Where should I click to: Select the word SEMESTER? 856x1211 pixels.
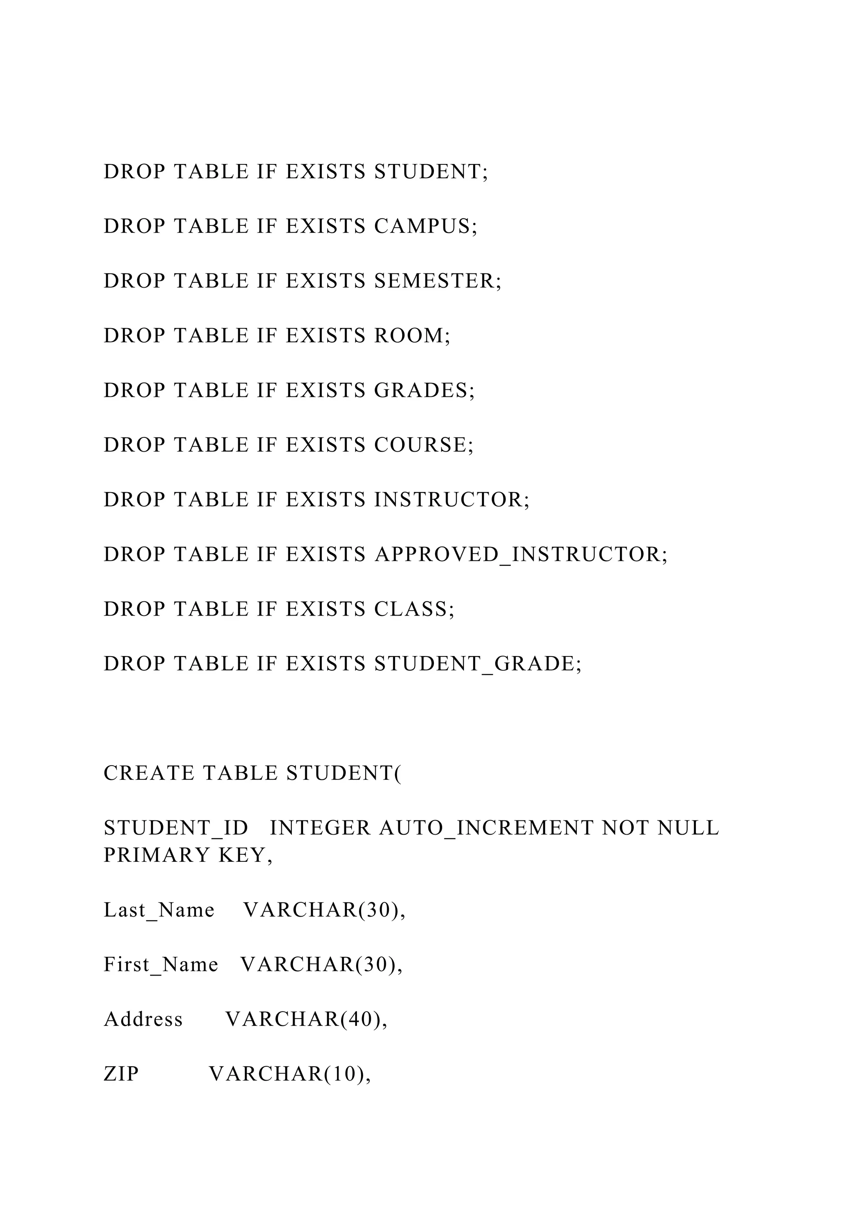click(434, 281)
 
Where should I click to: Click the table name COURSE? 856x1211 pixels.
click(420, 445)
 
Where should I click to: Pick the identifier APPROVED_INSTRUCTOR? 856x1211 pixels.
click(517, 555)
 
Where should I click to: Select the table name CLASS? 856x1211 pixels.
click(410, 609)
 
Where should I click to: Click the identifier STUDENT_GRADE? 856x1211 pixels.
click(474, 664)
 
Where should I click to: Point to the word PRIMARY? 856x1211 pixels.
click(157, 856)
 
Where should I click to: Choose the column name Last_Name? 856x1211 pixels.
click(159, 910)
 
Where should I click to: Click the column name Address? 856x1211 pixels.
click(143, 1019)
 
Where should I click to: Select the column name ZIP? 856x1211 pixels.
click(121, 1074)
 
